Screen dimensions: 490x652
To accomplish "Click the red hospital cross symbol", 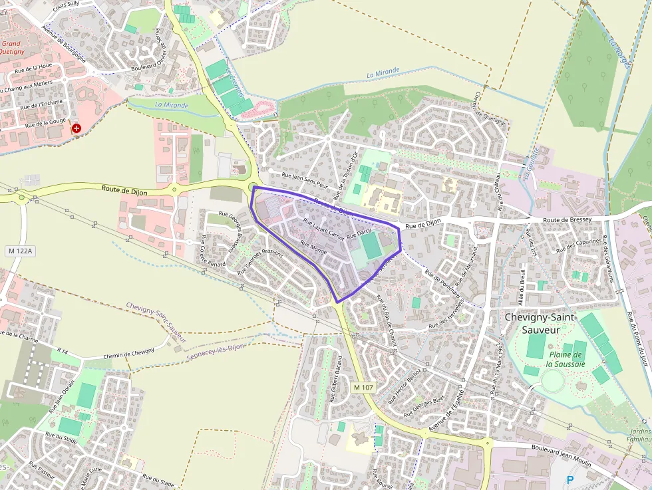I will coord(77,128).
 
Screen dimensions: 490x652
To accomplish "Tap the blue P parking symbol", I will coord(570,479).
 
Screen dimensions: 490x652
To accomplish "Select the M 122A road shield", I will coord(21,251).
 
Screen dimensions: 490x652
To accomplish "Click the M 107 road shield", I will coord(365,387).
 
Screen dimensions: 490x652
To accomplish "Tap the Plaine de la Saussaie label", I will coord(566,359).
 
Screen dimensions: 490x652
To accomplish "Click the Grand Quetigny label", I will coord(11,48).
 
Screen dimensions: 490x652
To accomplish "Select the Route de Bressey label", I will coord(567,219).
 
